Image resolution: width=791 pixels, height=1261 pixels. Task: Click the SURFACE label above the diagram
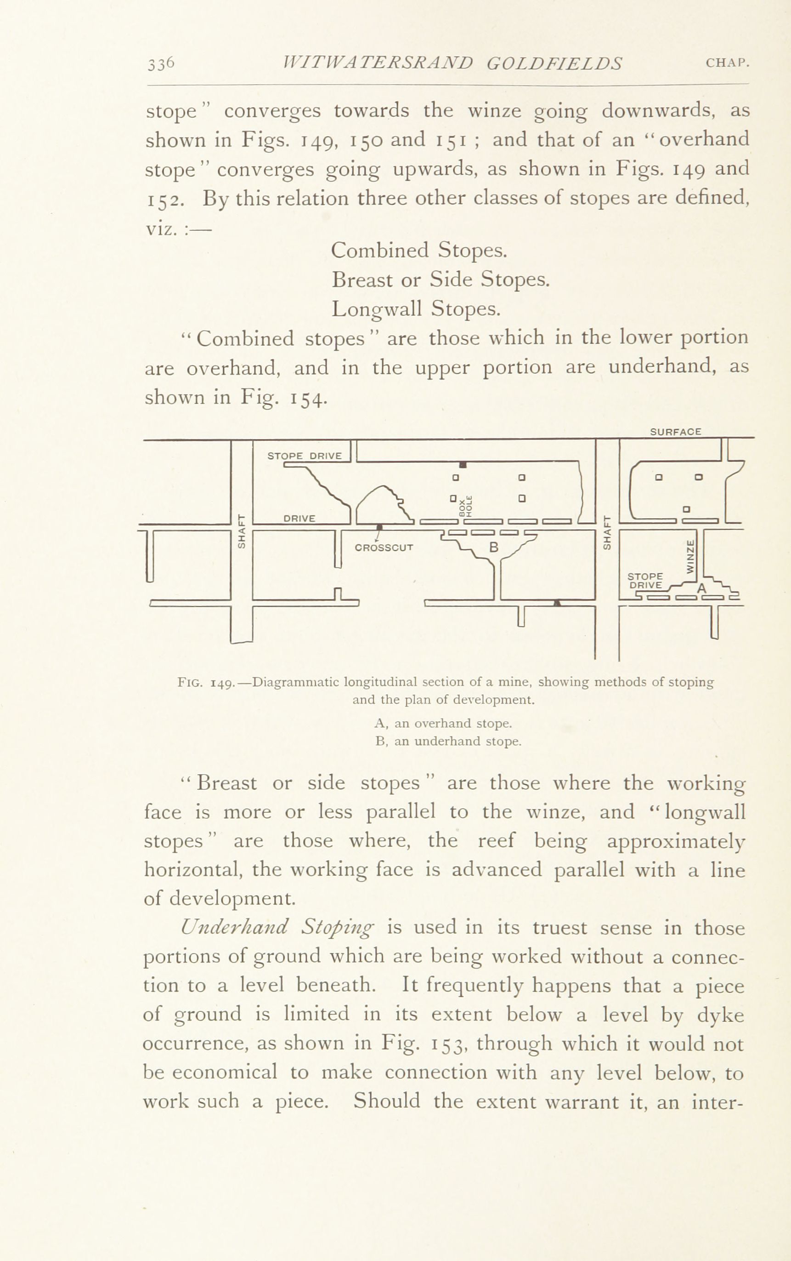pyautogui.click(x=675, y=432)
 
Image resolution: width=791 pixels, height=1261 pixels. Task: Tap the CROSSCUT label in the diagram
pyautogui.click(x=384, y=548)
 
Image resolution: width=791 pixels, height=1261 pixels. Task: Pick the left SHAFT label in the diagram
pyautogui.click(x=241, y=531)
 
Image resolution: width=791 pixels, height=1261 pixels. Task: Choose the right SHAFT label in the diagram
pyautogui.click(x=607, y=532)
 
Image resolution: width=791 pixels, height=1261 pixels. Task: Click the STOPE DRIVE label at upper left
pyautogui.click(x=305, y=456)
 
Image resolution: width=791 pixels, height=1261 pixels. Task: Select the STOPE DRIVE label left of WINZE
pyautogui.click(x=645, y=581)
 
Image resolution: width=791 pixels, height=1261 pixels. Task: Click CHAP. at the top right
pyautogui.click(x=728, y=63)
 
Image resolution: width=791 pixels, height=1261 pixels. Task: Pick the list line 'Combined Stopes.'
pyautogui.click(x=419, y=250)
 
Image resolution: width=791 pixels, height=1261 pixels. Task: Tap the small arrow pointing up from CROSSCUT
pyautogui.click(x=378, y=536)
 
